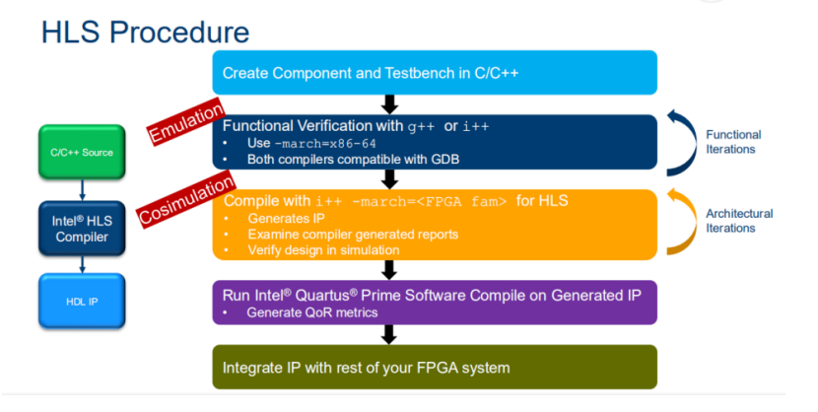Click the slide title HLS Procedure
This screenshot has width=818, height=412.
pyautogui.click(x=145, y=32)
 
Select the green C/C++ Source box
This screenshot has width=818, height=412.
pyautogui.click(x=82, y=153)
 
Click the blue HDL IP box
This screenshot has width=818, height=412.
pyautogui.click(x=82, y=301)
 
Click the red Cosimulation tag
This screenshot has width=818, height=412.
pyautogui.click(x=186, y=198)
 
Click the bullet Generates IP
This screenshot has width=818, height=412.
pyautogui.click(x=279, y=218)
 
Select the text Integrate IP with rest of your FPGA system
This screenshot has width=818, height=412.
pyautogui.click(x=366, y=368)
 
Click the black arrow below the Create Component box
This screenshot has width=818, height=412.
pyautogui.click(x=389, y=104)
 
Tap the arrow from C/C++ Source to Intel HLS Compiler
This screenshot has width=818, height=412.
pyautogui.click(x=82, y=187)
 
